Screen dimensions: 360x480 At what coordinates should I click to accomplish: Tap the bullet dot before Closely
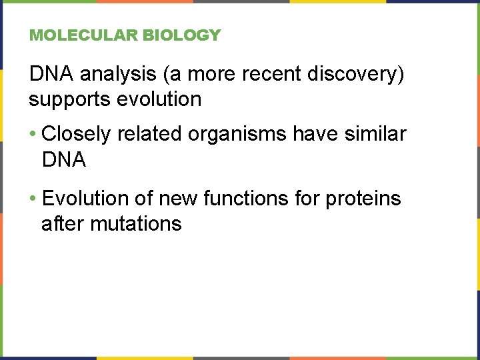(x=33, y=135)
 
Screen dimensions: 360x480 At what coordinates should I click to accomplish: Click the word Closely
(x=76, y=135)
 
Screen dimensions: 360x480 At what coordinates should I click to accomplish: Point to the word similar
(x=376, y=134)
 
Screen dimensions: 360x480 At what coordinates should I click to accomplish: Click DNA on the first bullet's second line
(x=63, y=159)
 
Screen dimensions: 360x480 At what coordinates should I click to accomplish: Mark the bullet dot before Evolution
(x=33, y=199)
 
